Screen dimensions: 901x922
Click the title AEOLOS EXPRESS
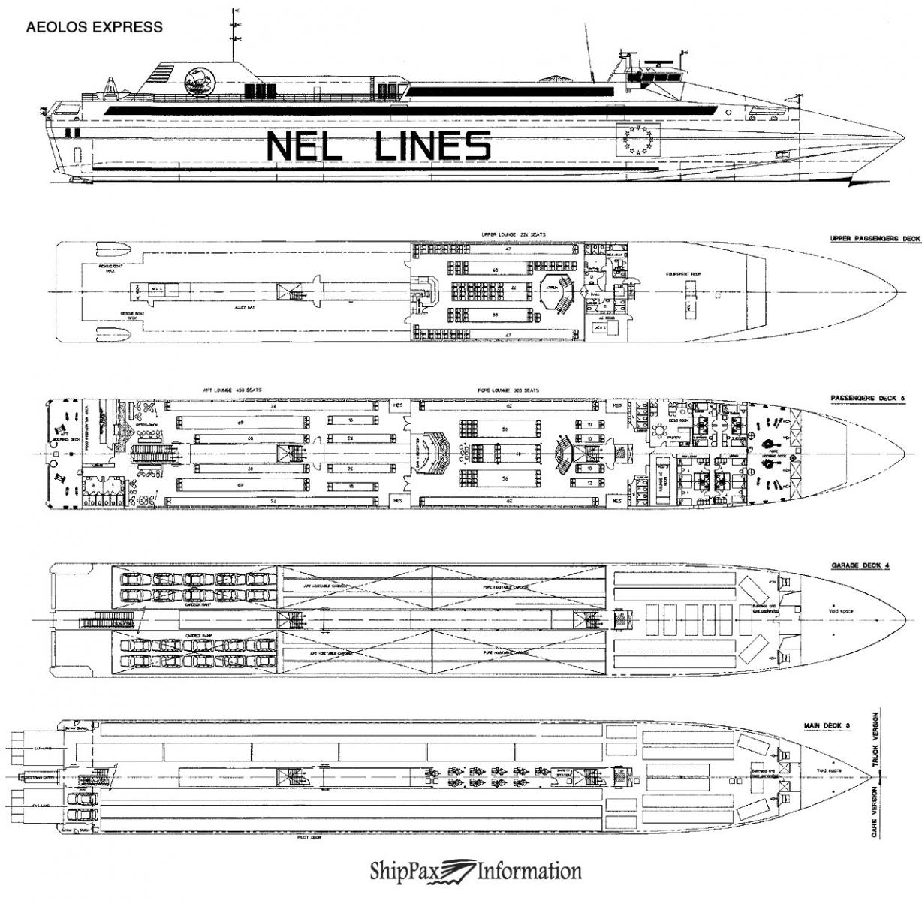click(x=95, y=28)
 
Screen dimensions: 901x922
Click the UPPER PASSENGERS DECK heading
click(x=875, y=239)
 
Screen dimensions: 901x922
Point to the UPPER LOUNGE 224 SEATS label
click(x=514, y=235)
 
